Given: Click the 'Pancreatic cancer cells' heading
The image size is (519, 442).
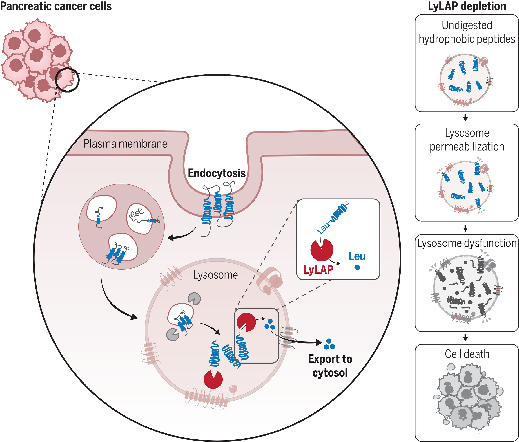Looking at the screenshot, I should [x=56, y=6].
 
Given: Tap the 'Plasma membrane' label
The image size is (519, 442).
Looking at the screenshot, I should [x=125, y=144].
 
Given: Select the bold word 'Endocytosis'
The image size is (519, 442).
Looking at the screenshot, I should [x=217, y=173].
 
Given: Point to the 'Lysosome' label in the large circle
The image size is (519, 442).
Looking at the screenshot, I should [x=215, y=275].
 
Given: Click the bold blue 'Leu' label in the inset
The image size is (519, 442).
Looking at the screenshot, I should [x=357, y=256].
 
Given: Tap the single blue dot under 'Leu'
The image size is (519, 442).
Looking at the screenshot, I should [x=357, y=267].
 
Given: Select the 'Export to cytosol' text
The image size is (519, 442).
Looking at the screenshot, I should [x=330, y=366].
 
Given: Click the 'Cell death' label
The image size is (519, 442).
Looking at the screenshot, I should [x=467, y=354].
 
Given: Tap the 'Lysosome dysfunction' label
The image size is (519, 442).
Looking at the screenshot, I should [x=467, y=243].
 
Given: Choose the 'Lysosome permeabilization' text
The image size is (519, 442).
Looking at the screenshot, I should [x=467, y=140].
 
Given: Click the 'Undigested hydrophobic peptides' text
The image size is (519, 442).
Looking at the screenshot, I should [x=467, y=32].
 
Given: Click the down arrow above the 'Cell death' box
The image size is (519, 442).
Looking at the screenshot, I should [x=465, y=338].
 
